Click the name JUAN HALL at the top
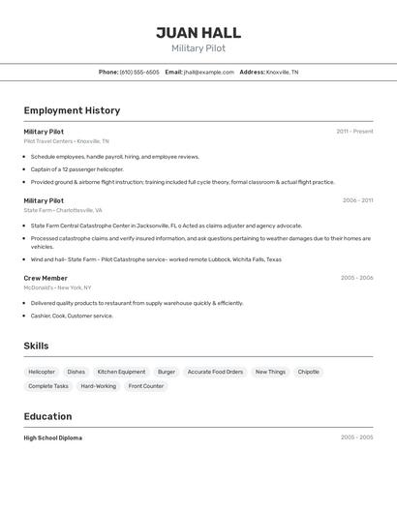click(198, 33)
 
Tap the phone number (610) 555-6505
click(139, 72)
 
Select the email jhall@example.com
click(209, 72)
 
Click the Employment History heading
click(72, 110)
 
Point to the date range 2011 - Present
click(354, 132)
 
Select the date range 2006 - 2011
click(357, 200)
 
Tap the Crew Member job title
click(46, 278)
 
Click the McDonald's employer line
click(57, 287)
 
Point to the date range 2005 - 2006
click(356, 278)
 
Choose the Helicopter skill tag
click(42, 372)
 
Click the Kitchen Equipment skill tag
click(121, 372)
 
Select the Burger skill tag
click(167, 372)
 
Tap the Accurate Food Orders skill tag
click(215, 372)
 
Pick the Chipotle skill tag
click(308, 372)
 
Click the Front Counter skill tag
click(146, 386)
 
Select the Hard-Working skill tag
click(98, 386)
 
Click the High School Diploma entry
click(52, 438)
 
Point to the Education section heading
click(47, 416)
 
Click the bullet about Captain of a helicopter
click(77, 168)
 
